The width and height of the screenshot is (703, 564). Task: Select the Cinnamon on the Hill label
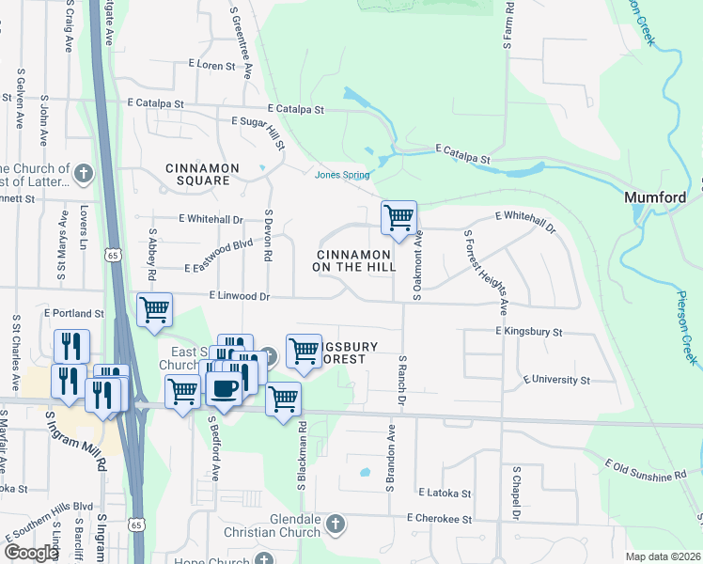click(353, 260)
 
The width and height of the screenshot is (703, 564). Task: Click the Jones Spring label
click(342, 174)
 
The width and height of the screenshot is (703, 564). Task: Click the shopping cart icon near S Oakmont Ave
click(398, 218)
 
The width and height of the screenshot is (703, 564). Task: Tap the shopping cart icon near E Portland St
click(154, 310)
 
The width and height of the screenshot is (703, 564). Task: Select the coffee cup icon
click(224, 389)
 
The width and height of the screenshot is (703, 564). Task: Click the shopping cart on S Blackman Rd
click(283, 399)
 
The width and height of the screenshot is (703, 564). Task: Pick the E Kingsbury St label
click(528, 332)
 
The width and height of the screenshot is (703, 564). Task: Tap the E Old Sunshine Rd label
click(646, 471)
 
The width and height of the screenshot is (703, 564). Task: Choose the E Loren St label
click(211, 65)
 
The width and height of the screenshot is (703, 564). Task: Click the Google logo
click(31, 553)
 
